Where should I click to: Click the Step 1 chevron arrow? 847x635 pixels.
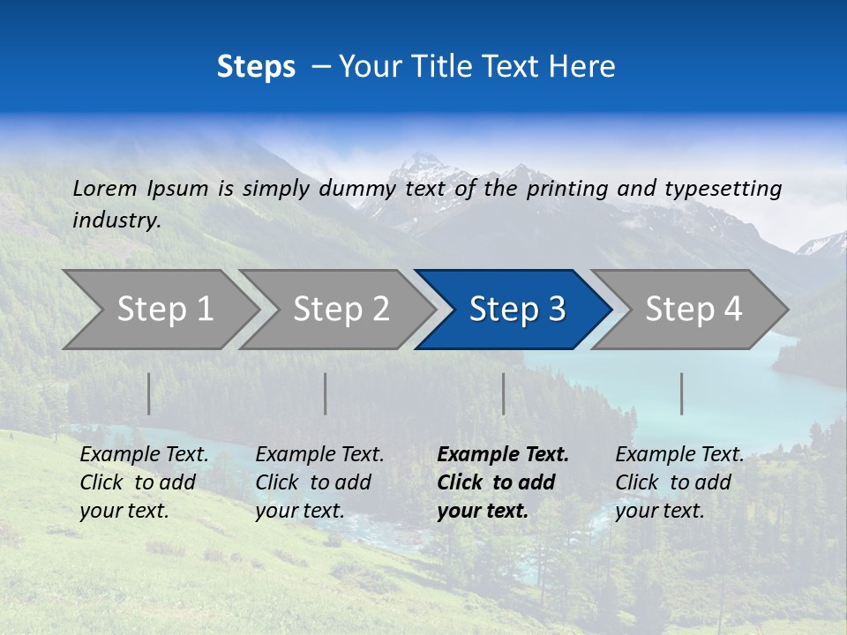click(159, 310)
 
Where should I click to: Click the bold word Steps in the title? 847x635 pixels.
click(256, 67)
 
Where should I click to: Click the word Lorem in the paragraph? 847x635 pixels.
click(105, 189)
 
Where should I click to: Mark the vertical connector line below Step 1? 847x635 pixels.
click(149, 393)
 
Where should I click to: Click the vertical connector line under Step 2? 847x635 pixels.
click(326, 393)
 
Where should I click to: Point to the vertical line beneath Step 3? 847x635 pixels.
click(503, 393)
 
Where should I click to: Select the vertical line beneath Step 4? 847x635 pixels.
click(681, 393)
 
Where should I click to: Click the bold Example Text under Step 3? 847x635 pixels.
click(503, 482)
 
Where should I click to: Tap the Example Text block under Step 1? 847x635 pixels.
click(144, 482)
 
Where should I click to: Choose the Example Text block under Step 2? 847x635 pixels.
click(319, 482)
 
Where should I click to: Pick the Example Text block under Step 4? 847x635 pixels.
click(679, 482)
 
